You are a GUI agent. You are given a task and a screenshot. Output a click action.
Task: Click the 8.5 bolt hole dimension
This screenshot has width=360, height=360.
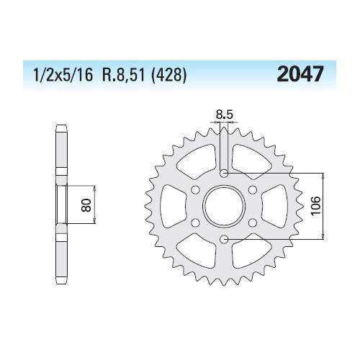point(224,112)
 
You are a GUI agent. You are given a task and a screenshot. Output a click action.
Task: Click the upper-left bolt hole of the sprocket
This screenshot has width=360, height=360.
point(196,189)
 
